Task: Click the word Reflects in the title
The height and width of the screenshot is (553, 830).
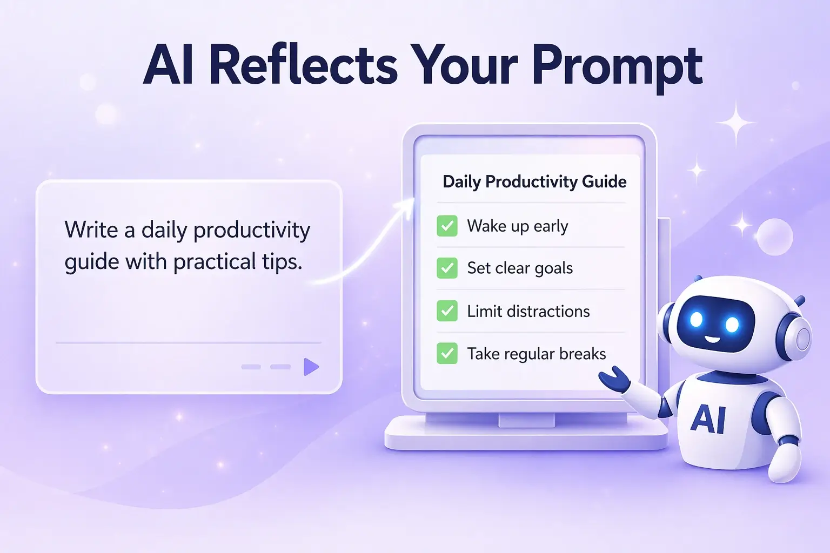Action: pos(303,66)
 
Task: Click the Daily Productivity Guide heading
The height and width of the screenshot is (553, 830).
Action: pos(534,181)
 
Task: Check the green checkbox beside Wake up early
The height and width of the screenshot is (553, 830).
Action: pos(447,226)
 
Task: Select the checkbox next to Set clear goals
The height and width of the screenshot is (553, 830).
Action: pos(447,268)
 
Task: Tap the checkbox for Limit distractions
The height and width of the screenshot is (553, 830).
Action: pos(447,311)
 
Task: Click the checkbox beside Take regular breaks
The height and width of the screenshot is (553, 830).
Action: pos(447,354)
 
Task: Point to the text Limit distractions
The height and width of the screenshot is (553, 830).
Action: pos(528,311)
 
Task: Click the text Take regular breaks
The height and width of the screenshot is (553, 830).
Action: pos(536,354)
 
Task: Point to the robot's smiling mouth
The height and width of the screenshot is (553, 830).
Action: pos(713,340)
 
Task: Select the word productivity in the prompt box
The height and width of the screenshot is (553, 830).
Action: pos(251,231)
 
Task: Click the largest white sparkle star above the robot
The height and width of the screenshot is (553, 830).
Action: pos(735,123)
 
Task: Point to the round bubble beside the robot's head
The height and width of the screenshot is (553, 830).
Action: pos(774,237)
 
